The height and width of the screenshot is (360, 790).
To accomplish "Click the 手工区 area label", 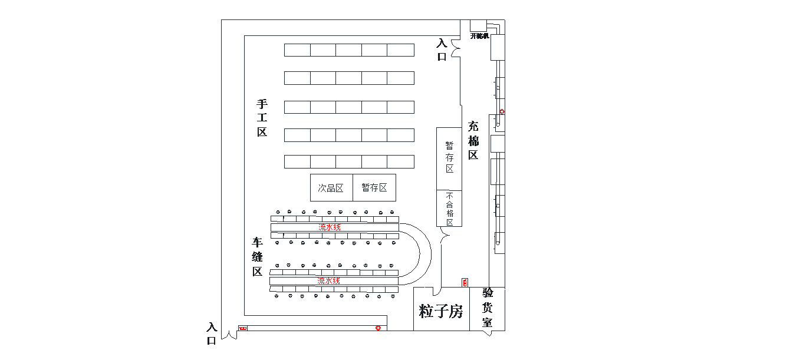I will click(x=262, y=118).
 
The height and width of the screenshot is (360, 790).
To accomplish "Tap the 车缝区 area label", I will click(x=258, y=257).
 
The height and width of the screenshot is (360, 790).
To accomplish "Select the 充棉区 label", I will click(x=473, y=141).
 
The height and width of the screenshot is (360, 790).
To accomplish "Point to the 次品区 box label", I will click(x=331, y=188).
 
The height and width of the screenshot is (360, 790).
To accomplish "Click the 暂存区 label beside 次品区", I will click(x=374, y=188).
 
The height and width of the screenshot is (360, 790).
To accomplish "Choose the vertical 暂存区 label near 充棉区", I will click(x=449, y=157).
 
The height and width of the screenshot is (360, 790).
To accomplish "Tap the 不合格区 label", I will click(x=449, y=209).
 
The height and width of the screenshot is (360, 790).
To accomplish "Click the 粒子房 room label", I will click(x=441, y=311).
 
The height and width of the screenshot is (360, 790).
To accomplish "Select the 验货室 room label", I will click(x=488, y=308).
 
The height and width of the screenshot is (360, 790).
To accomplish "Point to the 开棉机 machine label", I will click(x=479, y=36).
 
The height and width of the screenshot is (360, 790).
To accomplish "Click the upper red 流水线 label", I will click(x=330, y=227).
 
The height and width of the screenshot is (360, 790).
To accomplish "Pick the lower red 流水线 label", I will click(x=329, y=281).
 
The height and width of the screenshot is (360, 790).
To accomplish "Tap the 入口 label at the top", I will click(x=442, y=50).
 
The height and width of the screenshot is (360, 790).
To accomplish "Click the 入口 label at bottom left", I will click(x=212, y=333).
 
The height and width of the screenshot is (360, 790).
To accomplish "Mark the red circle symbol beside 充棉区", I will click(x=502, y=111).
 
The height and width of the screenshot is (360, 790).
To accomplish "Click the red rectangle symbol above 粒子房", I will click(x=465, y=283).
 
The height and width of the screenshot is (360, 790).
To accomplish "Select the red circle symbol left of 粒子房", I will click(x=378, y=328).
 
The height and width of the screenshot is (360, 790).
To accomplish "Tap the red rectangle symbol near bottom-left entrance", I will click(x=242, y=328).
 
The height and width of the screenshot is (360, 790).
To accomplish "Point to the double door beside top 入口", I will click(x=455, y=48).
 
